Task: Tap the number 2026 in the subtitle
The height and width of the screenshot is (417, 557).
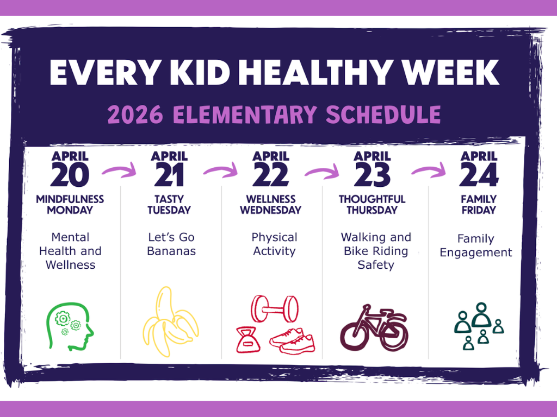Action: (135, 115)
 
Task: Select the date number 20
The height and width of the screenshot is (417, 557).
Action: (70, 174)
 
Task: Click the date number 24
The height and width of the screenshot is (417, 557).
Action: (479, 174)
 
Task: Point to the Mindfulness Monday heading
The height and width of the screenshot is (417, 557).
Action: (70, 205)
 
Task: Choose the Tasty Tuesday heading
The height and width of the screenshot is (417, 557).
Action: (169, 205)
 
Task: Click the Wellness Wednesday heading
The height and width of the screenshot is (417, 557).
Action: (271, 205)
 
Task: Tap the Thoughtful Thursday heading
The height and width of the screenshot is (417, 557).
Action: (372, 205)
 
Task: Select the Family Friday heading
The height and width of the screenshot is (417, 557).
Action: (479, 205)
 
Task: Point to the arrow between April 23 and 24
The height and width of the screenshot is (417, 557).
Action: (429, 170)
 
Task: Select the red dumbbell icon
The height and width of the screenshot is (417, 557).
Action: (275, 309)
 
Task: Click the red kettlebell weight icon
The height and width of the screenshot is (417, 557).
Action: (247, 341)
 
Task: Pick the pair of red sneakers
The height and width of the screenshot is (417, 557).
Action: (292, 341)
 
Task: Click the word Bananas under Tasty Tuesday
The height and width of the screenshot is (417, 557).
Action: (171, 251)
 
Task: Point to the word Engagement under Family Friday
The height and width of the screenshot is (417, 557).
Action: (475, 253)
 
